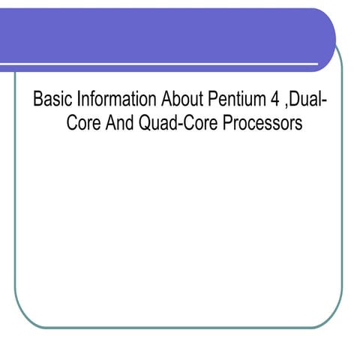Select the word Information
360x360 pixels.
103,100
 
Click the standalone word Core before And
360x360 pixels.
82,122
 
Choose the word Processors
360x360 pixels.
259,122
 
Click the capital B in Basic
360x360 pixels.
37,100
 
